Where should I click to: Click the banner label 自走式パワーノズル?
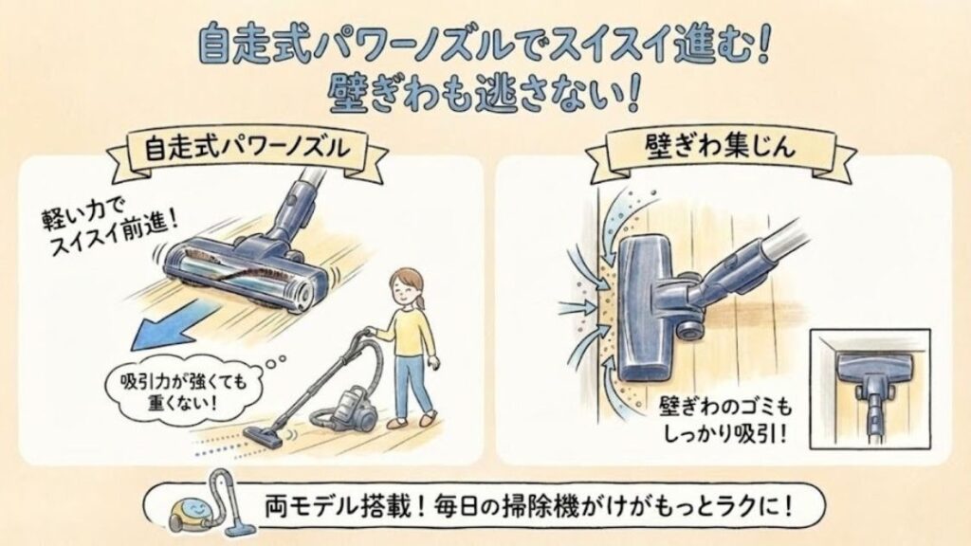click(246, 150)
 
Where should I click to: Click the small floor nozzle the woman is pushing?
click(266, 435)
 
